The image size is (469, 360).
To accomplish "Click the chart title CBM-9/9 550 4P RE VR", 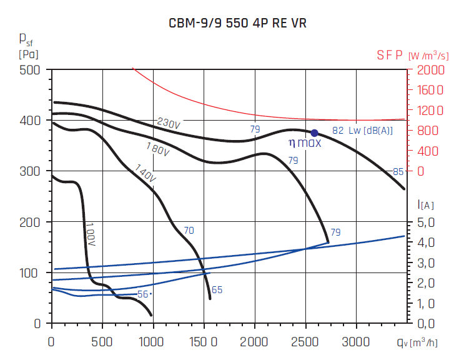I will pyautogui.click(x=238, y=24).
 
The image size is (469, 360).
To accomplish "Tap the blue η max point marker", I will pyautogui.click(x=315, y=132).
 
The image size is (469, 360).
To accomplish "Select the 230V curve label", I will pyautogui.click(x=168, y=123).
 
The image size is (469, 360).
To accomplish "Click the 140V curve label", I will pyautogui.click(x=144, y=174).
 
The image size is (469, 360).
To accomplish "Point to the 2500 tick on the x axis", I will pyautogui.click(x=305, y=342).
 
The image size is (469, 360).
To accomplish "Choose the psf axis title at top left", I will pyautogui.click(x=26, y=44).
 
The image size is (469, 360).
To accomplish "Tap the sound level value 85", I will pyautogui.click(x=398, y=172).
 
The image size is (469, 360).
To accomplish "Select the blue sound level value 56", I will pyautogui.click(x=143, y=294).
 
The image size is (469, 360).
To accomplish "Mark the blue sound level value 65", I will pyautogui.click(x=217, y=289).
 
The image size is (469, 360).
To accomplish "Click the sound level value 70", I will pyautogui.click(x=189, y=231).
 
